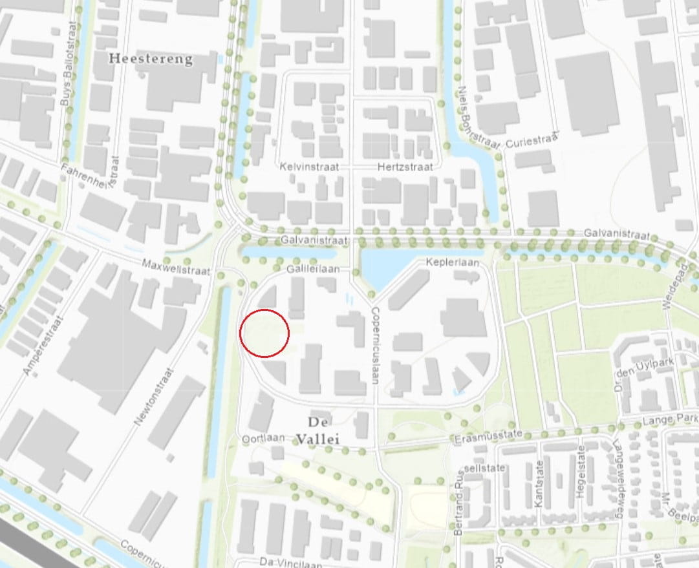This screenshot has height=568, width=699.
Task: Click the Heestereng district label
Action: [151, 59]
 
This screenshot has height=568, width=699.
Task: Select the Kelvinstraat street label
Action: [309, 167]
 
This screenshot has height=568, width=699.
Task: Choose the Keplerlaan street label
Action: [452, 263]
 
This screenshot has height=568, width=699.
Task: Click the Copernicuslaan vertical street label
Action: [375, 345]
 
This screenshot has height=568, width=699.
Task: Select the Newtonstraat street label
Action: [155, 397]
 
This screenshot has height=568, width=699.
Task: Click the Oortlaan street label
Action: [263, 438]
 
